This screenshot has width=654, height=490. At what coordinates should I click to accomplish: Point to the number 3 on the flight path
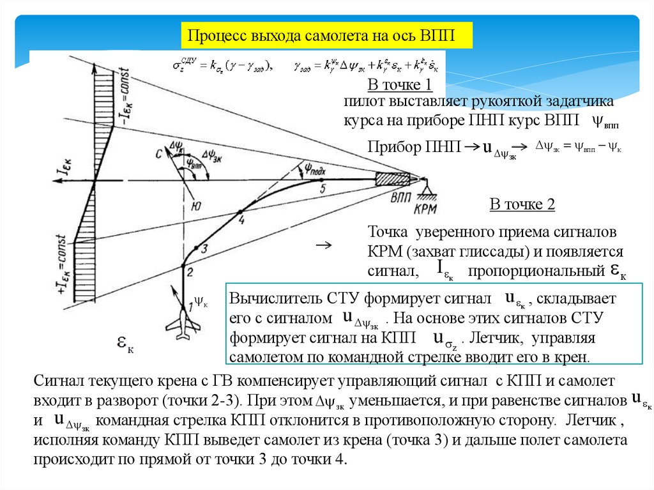(204, 249)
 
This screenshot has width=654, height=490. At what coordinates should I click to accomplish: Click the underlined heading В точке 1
(400, 86)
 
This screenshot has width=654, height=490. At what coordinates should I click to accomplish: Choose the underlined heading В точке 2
(522, 205)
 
